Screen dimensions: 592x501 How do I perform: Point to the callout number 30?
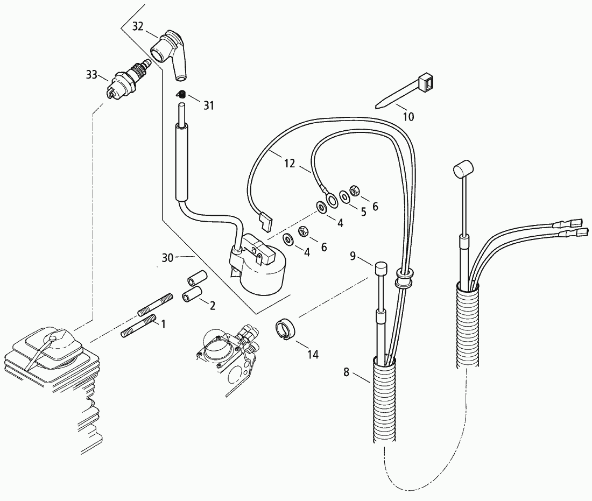point(167,258)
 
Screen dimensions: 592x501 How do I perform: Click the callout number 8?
point(346,372)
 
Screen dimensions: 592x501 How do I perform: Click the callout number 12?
point(290,164)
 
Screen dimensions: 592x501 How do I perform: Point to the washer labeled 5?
point(344,197)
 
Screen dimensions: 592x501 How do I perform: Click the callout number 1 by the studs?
point(164,324)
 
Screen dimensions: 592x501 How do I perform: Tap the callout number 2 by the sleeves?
point(213,306)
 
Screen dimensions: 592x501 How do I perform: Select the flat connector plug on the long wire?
point(266,222)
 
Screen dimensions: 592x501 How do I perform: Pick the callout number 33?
point(91,74)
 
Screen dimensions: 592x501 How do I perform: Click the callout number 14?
point(313,355)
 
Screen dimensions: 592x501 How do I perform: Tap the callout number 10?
point(408,116)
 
